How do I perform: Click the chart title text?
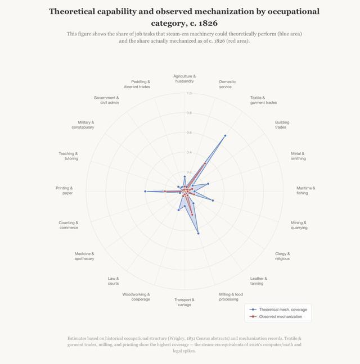[x=184, y=17]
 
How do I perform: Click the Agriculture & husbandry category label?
[x=184, y=79]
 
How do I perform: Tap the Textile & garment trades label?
[x=263, y=100]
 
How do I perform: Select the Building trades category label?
[x=282, y=125]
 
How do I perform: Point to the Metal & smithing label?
[x=298, y=156]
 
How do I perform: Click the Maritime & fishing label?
[x=305, y=190]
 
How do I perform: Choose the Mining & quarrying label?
[x=299, y=225]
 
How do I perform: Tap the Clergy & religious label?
[x=282, y=256]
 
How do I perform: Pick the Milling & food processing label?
[x=231, y=297]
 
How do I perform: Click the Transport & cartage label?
[x=184, y=302]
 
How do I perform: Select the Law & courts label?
[x=113, y=281]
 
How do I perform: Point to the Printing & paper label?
[x=64, y=190]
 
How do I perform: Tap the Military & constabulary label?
[x=83, y=125]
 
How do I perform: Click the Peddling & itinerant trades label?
[x=137, y=84]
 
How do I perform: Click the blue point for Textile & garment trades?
[x=225, y=135]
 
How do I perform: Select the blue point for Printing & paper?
[x=145, y=192]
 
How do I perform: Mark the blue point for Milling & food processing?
[x=198, y=233]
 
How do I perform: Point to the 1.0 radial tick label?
[x=189, y=93]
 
